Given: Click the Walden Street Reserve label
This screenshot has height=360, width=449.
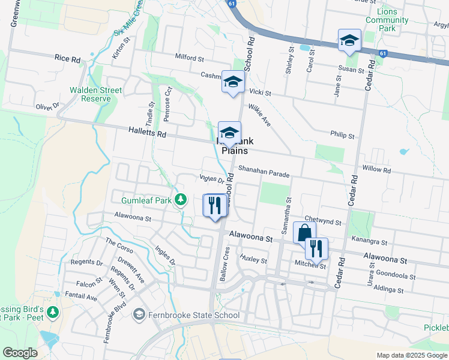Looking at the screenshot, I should pyautogui.click(x=95, y=94).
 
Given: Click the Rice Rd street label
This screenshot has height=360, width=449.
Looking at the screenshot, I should pyautogui.click(x=67, y=59).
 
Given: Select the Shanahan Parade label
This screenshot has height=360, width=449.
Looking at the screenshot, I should pyautogui.click(x=264, y=172).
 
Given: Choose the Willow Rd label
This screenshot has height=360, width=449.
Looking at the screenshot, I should pyautogui.click(x=377, y=170).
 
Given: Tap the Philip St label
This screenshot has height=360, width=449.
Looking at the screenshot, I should pyautogui.click(x=342, y=136).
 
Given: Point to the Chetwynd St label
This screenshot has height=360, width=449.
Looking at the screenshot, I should pyautogui.click(x=323, y=221).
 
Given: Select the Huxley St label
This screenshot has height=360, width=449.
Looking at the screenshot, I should pyautogui.click(x=253, y=260).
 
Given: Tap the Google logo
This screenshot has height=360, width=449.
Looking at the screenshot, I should pyautogui.click(x=20, y=353).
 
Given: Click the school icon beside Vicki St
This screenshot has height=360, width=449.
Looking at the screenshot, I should pyautogui.click(x=232, y=82).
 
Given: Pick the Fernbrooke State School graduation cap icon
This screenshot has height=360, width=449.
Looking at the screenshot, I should pyautogui.click(x=139, y=314).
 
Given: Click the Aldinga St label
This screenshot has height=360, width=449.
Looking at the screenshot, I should pyautogui.click(x=388, y=289).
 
